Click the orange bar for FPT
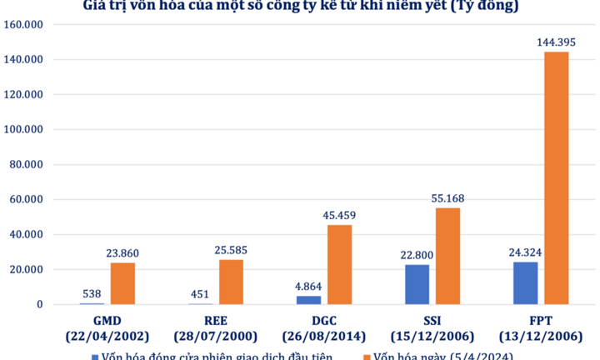click(556, 178)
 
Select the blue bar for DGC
click(308, 300)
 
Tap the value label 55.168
click(447, 197)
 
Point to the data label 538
click(92, 292)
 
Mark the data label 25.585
click(231, 249)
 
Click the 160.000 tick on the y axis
click(25, 25)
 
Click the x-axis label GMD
click(107, 321)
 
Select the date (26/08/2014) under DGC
click(323, 336)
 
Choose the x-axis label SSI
click(432, 321)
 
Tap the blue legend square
click(94, 356)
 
